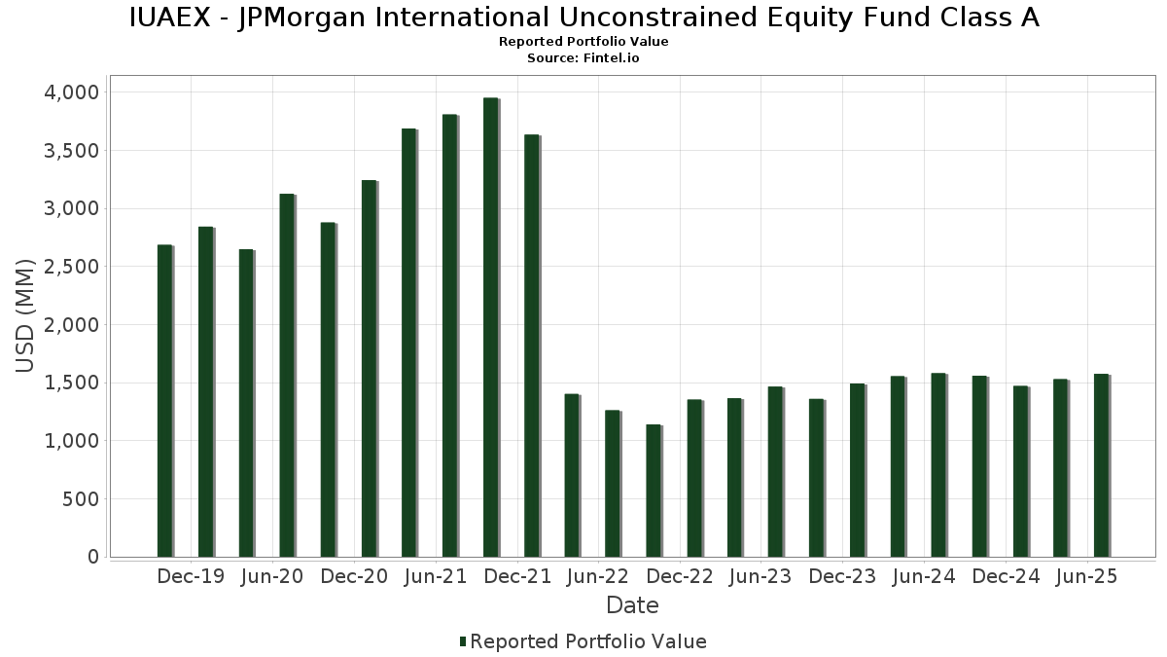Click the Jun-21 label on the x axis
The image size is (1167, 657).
tap(435, 577)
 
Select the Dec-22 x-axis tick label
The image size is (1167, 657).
tap(679, 577)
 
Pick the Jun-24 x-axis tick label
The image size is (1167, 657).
tap(924, 577)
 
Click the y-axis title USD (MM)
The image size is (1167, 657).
tap(26, 315)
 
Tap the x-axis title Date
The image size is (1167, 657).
tap(632, 606)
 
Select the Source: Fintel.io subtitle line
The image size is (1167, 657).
tap(583, 57)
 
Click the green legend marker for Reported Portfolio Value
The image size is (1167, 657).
tap(463, 641)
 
